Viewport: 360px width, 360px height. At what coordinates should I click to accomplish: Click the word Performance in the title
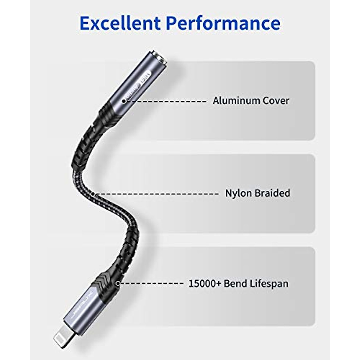pos(223,23)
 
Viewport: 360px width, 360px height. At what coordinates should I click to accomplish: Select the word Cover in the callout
pos(276,100)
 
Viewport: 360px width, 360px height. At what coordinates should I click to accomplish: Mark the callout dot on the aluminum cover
pos(124,101)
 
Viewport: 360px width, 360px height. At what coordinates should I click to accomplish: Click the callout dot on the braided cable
pos(93,194)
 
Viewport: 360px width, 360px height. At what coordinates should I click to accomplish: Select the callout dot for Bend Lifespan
pos(118,283)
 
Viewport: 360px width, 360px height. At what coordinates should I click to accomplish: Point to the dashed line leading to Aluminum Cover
pos(168,101)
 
